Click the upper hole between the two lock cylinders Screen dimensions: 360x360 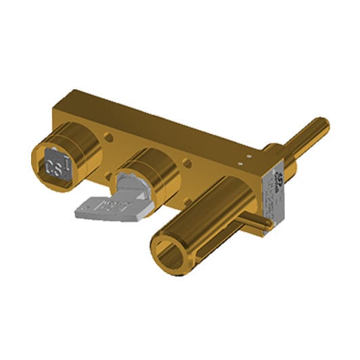[x=107, y=138]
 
